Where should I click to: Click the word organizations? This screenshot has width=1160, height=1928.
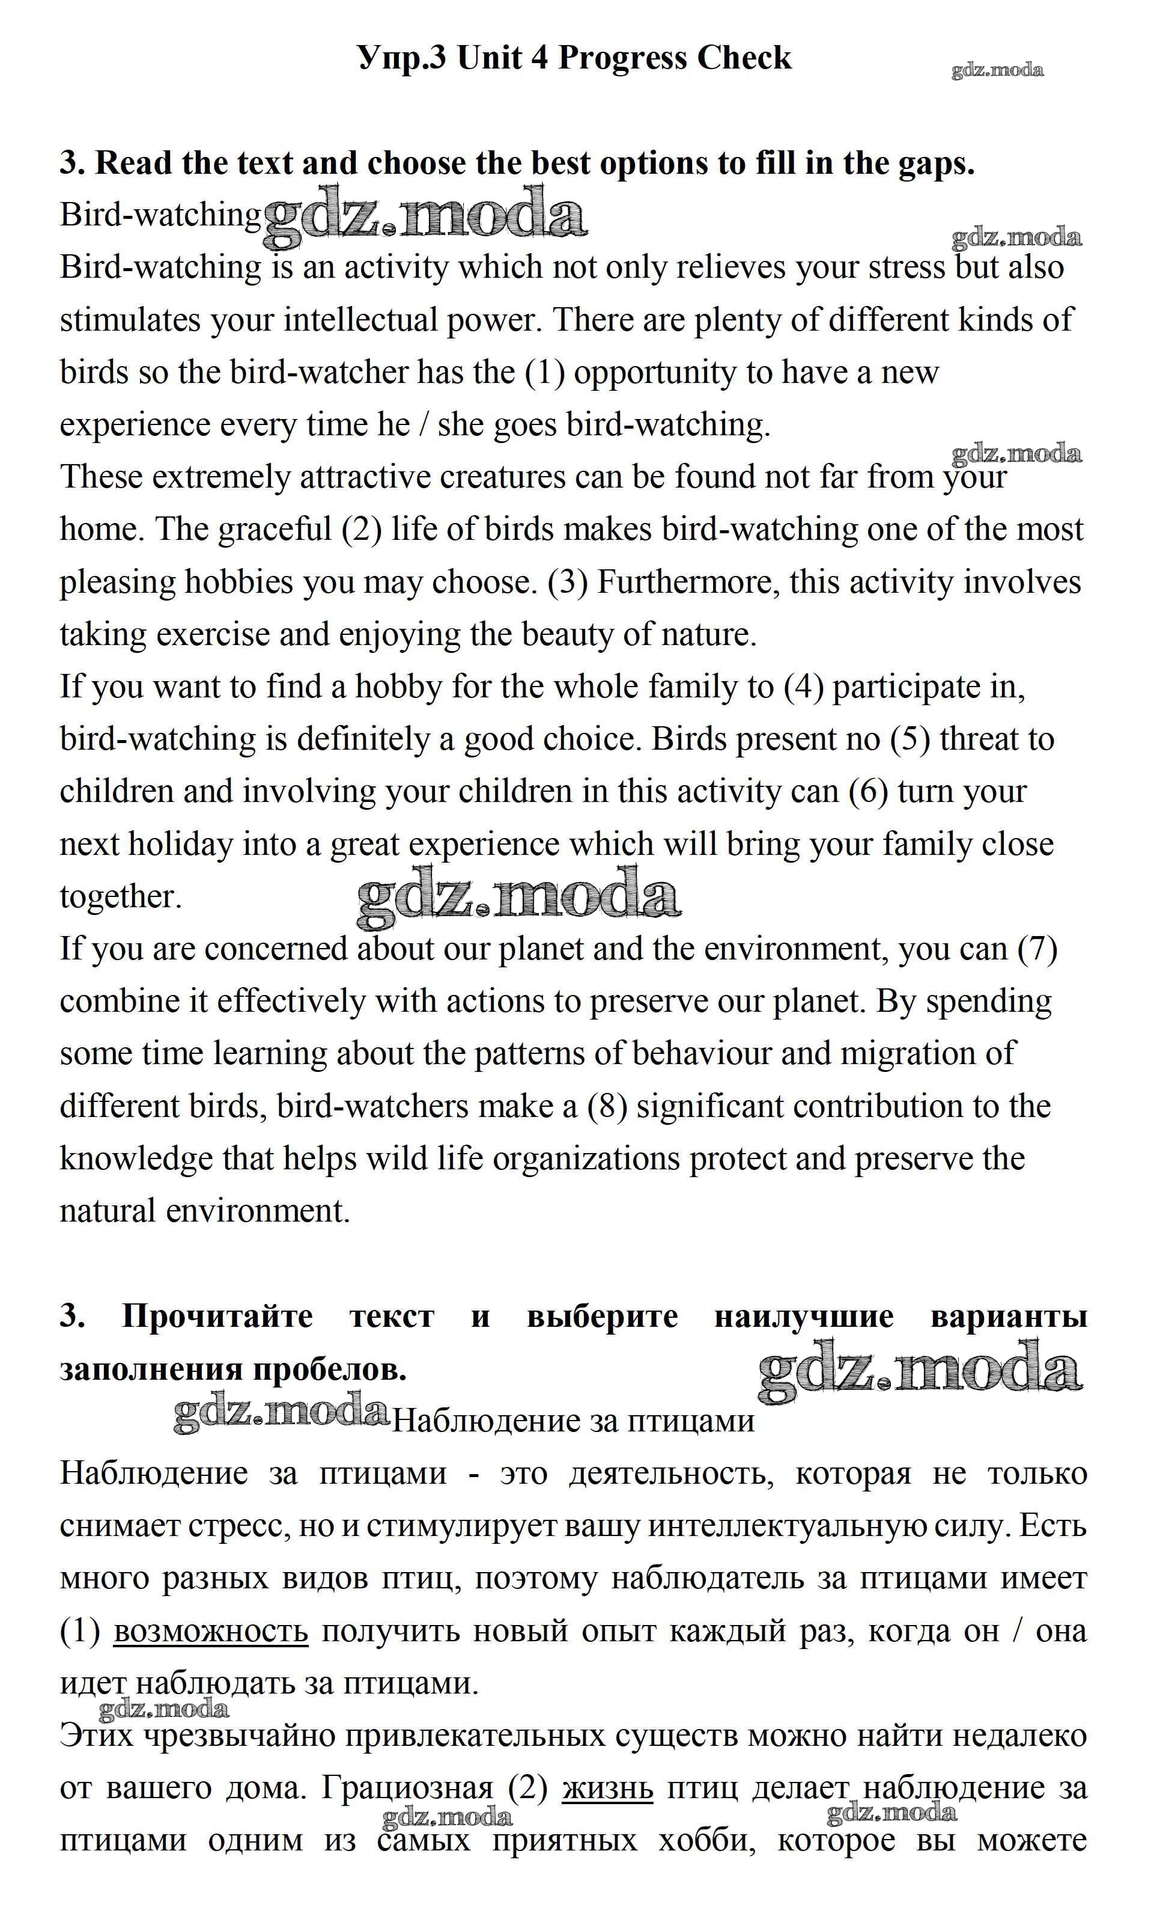(x=586, y=1159)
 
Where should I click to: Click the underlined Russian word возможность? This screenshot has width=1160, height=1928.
(x=211, y=1632)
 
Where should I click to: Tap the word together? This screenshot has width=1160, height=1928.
(x=120, y=897)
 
